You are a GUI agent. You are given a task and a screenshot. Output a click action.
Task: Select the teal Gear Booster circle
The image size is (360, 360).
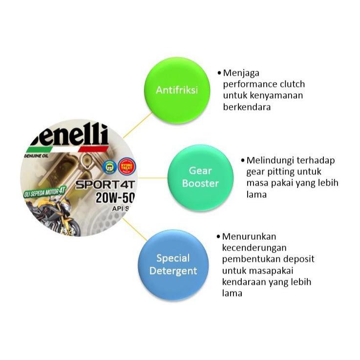click(x=200, y=177)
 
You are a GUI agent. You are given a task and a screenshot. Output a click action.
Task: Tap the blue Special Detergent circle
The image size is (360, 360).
click(x=173, y=264)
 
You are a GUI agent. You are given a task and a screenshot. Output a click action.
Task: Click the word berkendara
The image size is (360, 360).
click(x=247, y=106)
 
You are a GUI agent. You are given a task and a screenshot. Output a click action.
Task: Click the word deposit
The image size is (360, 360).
click(x=298, y=259)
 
